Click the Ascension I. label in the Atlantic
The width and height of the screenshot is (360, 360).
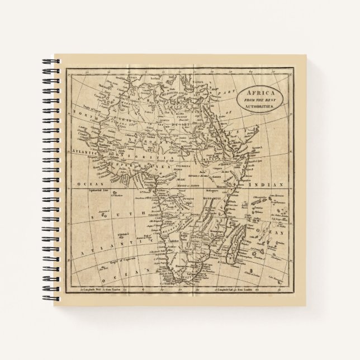101,214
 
